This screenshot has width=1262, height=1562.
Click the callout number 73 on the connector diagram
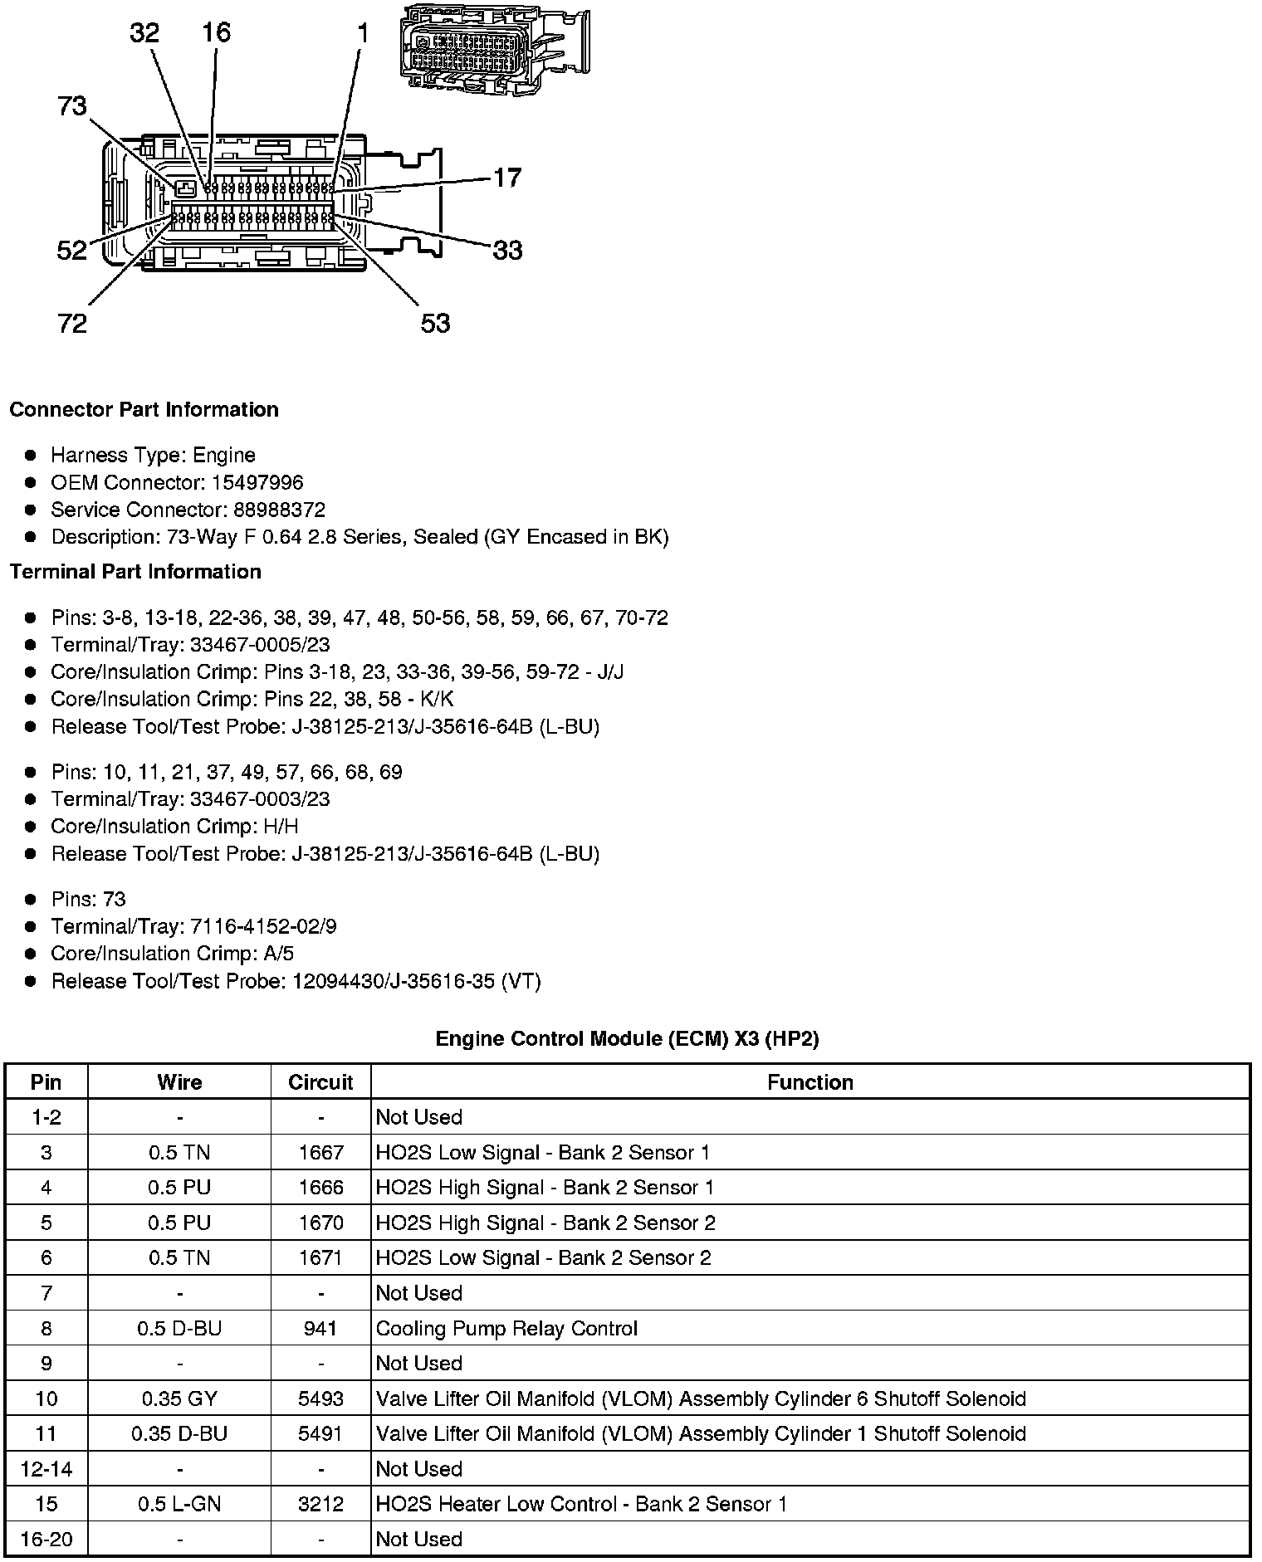[72, 106]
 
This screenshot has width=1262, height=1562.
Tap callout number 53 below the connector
[435, 323]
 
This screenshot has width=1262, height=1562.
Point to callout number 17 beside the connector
[507, 178]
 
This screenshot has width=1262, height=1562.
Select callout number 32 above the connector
[144, 32]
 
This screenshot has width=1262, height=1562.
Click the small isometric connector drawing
[493, 47]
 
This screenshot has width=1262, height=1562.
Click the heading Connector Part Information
[144, 410]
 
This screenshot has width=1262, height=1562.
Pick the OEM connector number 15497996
[257, 482]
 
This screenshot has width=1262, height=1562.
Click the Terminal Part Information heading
[135, 572]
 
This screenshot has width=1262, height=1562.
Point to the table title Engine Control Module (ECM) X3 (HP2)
[627, 1039]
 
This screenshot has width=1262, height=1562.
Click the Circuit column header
[320, 1082]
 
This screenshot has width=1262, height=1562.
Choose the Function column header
[810, 1082]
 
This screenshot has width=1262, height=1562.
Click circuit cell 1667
[320, 1153]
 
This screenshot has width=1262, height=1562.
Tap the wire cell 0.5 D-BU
[179, 1329]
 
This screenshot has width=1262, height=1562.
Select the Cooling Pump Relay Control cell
[506, 1329]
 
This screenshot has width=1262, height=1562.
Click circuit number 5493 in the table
[320, 1399]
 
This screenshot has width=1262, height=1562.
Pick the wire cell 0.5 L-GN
[179, 1505]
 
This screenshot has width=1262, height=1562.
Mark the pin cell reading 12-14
[46, 1469]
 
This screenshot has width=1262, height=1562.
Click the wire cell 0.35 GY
[179, 1399]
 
